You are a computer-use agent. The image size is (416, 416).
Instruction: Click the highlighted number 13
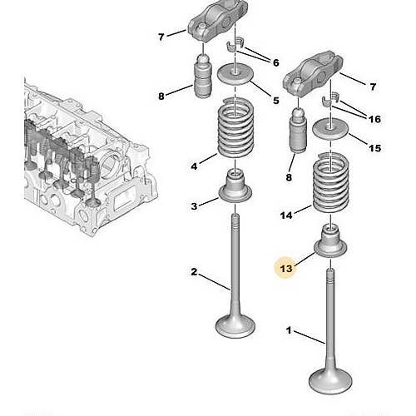pyautogui.click(x=286, y=269)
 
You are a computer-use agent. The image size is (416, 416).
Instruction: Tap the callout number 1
pyautogui.click(x=289, y=330)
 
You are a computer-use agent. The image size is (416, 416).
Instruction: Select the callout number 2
pyautogui.click(x=194, y=272)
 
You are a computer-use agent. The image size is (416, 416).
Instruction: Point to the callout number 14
pyautogui.click(x=286, y=215)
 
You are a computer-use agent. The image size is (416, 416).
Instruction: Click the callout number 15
pyautogui.click(x=374, y=148)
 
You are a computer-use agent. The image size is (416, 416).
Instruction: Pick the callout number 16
pyautogui.click(x=374, y=119)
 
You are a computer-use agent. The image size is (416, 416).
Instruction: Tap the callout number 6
pyautogui.click(x=275, y=62)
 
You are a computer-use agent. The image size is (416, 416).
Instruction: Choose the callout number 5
pyautogui.click(x=275, y=101)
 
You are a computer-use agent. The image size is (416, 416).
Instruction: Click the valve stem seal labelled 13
pyautogui.click(x=330, y=240)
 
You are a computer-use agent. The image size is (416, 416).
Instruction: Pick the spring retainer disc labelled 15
pyautogui.click(x=330, y=128)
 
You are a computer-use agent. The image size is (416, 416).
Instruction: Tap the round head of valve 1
pyautogui.click(x=330, y=380)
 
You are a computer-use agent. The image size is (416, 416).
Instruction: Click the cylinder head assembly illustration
pyautogui.click(x=89, y=161)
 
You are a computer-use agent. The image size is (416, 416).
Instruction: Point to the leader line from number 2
pyautogui.click(x=215, y=282)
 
